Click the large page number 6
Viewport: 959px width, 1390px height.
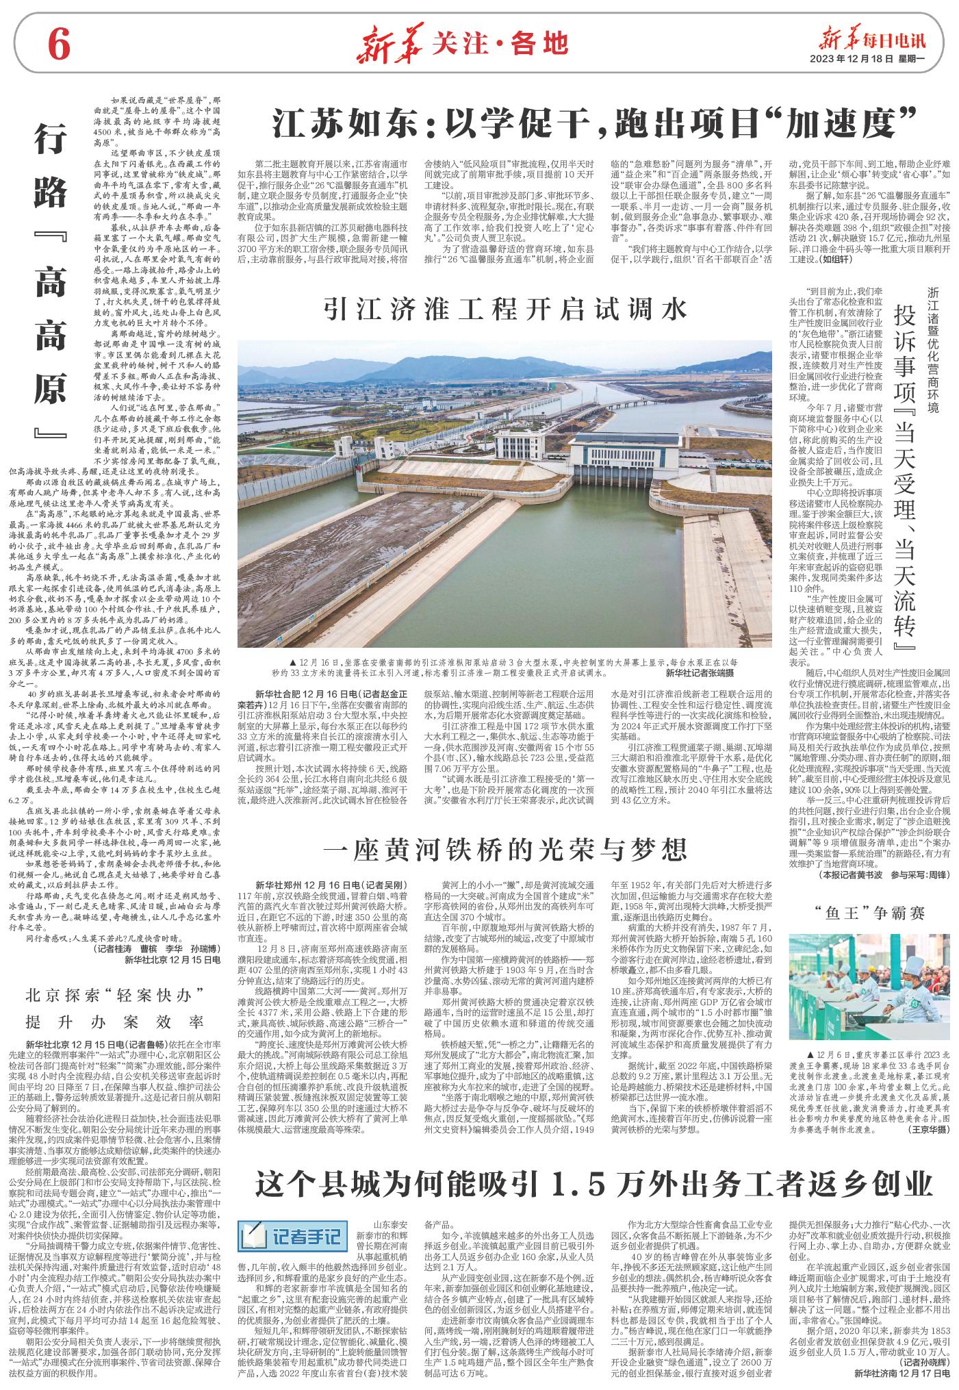tap(59, 46)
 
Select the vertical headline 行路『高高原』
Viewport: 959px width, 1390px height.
tap(49, 285)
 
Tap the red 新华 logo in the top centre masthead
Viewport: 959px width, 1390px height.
tap(393, 45)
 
